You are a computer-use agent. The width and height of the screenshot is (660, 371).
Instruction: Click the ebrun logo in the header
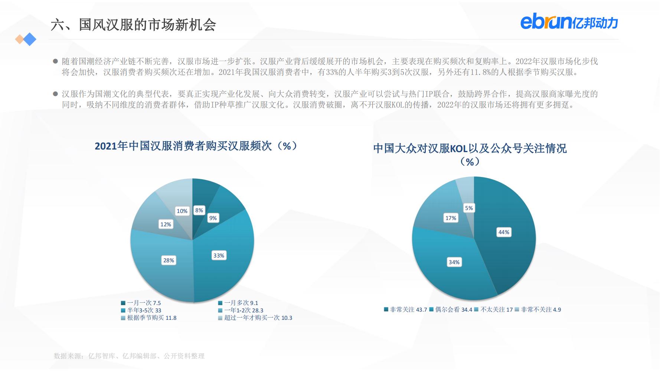569,22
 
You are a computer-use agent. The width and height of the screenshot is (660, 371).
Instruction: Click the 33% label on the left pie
219,255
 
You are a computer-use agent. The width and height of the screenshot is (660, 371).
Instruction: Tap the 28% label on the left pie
169,260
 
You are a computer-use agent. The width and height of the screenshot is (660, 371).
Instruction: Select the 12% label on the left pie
166,224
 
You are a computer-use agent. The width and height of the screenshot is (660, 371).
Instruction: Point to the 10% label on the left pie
182,211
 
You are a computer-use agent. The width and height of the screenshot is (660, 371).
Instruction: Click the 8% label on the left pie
199,210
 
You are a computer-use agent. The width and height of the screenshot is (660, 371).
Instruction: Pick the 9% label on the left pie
213,218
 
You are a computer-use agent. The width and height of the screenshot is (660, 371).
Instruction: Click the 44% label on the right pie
504,232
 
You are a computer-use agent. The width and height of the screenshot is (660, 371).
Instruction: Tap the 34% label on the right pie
454,262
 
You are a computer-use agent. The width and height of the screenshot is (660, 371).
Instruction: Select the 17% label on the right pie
451,218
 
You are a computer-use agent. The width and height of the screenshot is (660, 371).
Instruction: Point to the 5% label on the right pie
469,208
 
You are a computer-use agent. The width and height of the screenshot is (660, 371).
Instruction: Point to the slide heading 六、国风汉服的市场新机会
134,25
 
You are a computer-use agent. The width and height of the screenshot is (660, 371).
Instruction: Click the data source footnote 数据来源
129,356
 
